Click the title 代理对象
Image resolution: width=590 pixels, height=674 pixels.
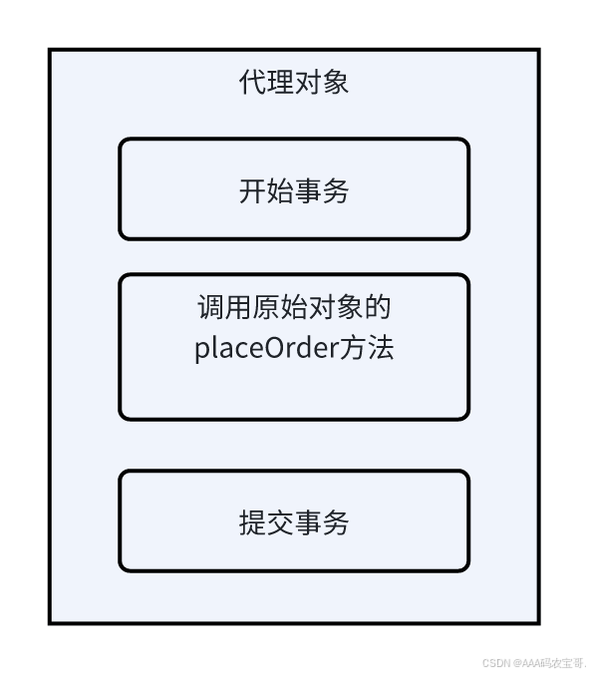pyautogui.click(x=294, y=82)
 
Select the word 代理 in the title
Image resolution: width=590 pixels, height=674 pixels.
pyautogui.click(x=266, y=82)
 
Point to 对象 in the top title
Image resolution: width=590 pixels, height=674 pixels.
pyautogui.click(x=322, y=82)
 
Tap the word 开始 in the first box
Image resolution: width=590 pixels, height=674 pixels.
pyautogui.click(x=266, y=190)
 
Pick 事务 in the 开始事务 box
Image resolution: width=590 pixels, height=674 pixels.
pyautogui.click(x=322, y=190)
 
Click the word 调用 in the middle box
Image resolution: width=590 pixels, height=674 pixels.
pyautogui.click(x=224, y=307)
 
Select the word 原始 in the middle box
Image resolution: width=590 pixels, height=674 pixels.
pyautogui.click(x=280, y=307)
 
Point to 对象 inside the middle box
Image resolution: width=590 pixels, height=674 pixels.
pyautogui.click(x=336, y=307)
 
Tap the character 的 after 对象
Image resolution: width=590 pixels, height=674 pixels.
pyautogui.click(x=378, y=307)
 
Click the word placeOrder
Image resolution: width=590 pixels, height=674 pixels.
pyautogui.click(x=266, y=348)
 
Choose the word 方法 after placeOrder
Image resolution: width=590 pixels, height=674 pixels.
pyautogui.click(x=367, y=347)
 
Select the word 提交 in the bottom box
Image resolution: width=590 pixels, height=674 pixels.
pyautogui.click(x=266, y=522)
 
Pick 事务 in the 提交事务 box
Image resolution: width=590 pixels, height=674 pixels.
pyautogui.click(x=322, y=522)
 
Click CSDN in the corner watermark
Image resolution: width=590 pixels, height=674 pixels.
pyautogui.click(x=496, y=663)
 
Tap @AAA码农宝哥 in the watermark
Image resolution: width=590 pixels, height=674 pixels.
pyautogui.click(x=549, y=663)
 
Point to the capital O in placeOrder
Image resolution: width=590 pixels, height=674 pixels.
pyautogui.click(x=275, y=347)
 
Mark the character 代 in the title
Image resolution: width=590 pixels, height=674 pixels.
pyautogui.click(x=252, y=82)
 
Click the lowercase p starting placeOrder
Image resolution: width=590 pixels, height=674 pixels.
pyautogui.click(x=201, y=351)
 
